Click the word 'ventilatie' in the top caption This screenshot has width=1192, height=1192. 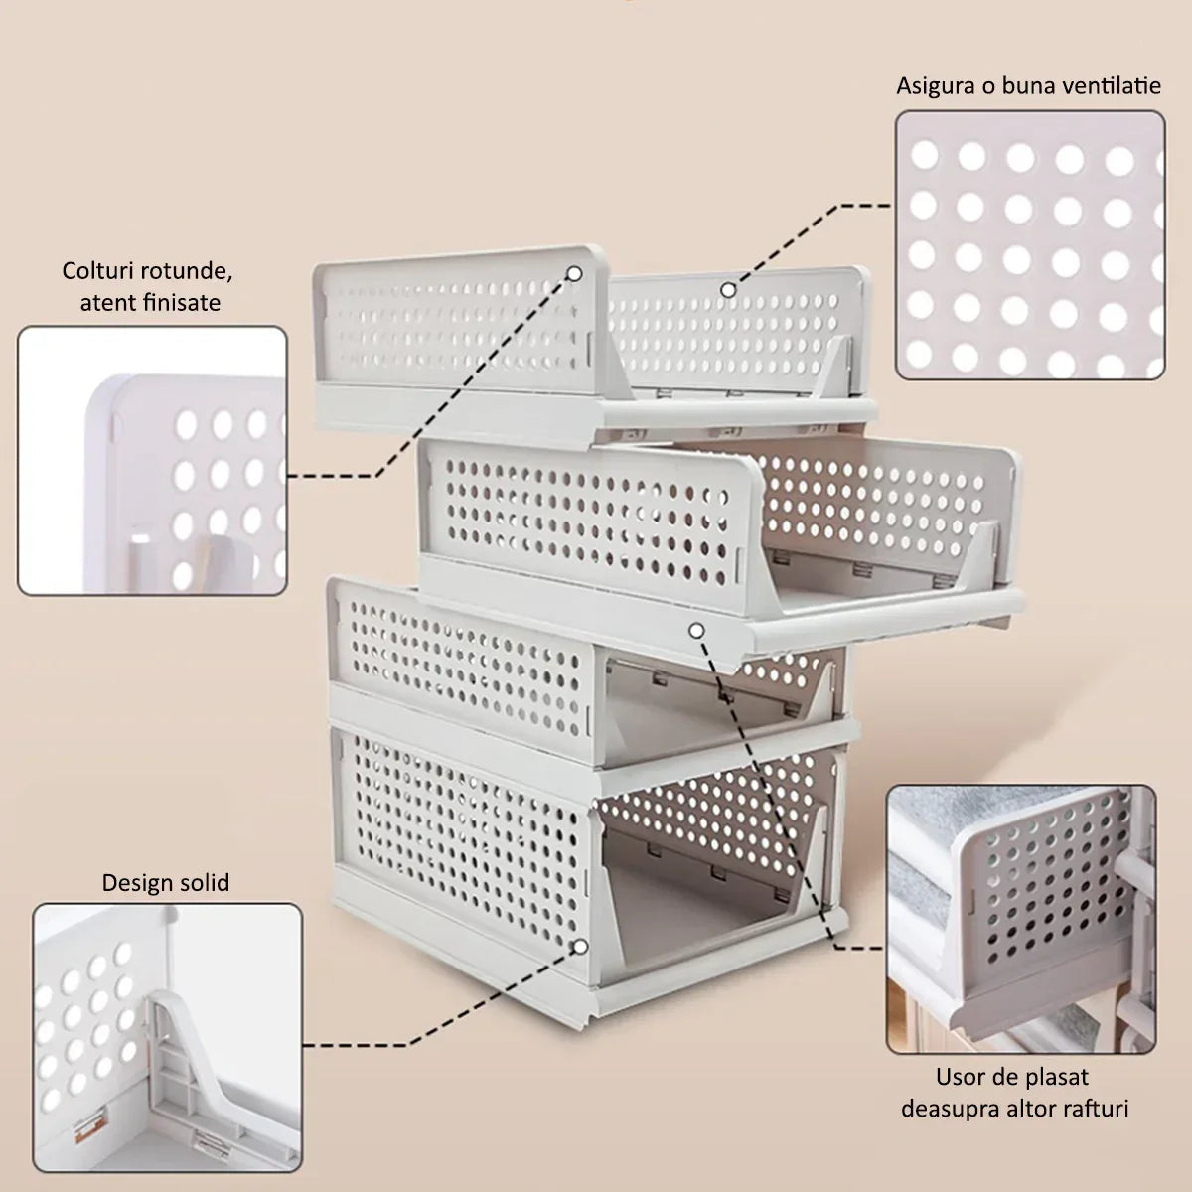click(x=1113, y=85)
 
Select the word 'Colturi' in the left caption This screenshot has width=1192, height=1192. click(x=96, y=271)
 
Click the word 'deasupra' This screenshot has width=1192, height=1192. click(x=951, y=1109)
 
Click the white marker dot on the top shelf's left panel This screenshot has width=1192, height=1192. click(x=575, y=273)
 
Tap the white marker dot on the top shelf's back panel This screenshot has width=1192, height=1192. click(x=729, y=290)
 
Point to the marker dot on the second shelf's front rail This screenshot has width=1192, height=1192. click(x=696, y=631)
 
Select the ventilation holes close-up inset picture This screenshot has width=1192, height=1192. click(x=1030, y=245)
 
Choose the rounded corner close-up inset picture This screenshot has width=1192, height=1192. click(x=152, y=461)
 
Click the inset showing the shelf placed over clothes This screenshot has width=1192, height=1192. click(x=1021, y=919)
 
